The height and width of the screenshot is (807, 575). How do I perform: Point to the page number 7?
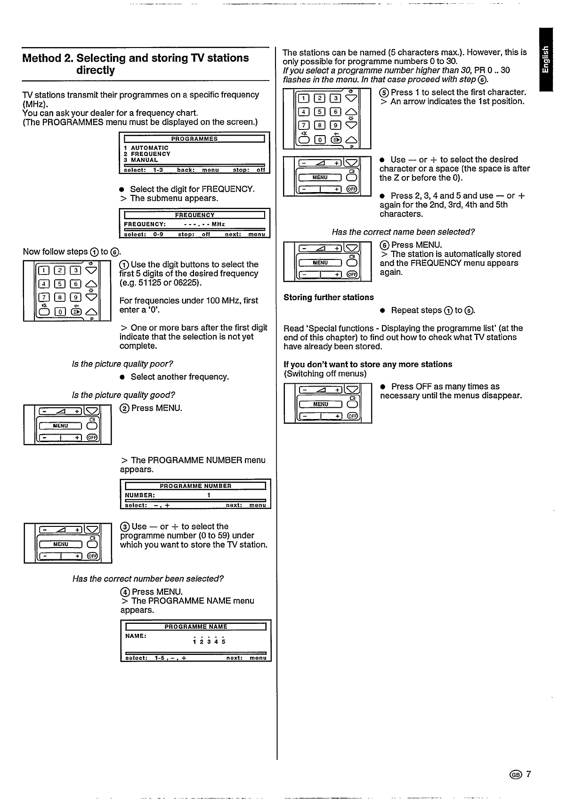[x=528, y=775]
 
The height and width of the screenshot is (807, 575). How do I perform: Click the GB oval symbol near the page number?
[x=516, y=775]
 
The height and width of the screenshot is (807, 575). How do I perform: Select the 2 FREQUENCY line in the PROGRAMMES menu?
[x=147, y=154]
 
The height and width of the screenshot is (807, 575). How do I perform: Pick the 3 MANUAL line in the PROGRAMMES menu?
[x=141, y=160]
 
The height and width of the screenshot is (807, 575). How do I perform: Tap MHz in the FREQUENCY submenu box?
[x=218, y=224]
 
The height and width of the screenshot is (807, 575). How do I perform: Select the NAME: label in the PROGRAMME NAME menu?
[x=136, y=636]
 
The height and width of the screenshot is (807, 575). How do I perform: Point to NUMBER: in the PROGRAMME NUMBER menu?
[x=139, y=495]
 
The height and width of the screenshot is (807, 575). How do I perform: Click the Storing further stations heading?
[x=328, y=297]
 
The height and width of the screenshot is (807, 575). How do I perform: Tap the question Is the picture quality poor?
[x=122, y=364]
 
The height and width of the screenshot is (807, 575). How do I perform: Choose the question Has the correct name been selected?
[x=403, y=232]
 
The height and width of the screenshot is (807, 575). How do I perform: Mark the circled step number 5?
[x=384, y=92]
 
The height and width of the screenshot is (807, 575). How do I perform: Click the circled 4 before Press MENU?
[x=125, y=592]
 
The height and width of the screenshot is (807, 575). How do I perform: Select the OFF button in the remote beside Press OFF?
[x=352, y=416]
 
